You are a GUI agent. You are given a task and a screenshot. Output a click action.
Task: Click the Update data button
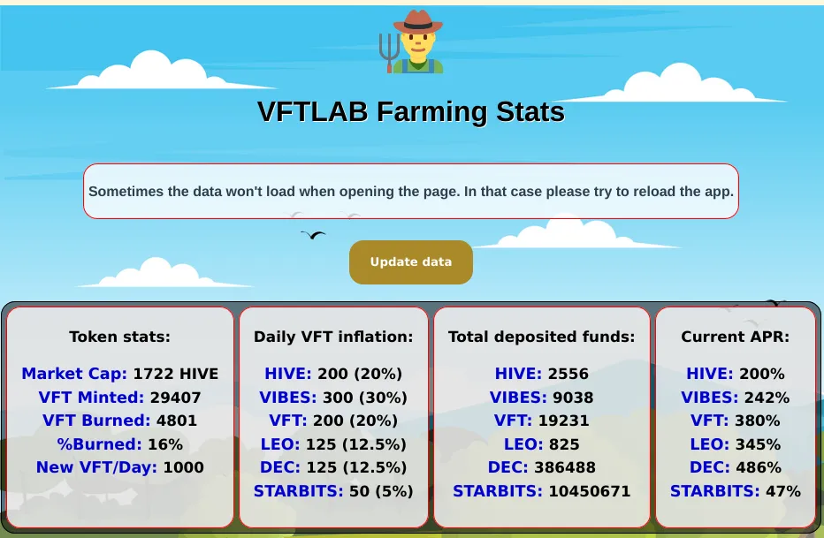(x=411, y=261)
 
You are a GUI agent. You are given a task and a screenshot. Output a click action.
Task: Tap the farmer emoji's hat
(x=418, y=22)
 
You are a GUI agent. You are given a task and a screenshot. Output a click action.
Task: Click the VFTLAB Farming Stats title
(x=411, y=111)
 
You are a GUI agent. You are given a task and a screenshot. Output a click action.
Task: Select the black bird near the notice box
(x=313, y=235)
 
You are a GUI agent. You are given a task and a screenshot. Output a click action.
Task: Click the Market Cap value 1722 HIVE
(x=176, y=374)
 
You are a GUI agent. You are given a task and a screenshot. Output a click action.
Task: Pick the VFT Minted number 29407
(x=176, y=398)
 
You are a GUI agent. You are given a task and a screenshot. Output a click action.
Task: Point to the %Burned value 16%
(x=165, y=444)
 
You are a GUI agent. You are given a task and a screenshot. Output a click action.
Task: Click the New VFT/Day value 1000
(x=183, y=467)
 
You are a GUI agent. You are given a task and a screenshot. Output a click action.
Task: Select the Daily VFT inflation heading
(x=333, y=337)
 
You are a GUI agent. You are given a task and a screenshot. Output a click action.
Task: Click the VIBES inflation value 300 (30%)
(x=365, y=398)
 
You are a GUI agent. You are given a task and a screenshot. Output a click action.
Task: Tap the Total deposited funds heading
(x=541, y=337)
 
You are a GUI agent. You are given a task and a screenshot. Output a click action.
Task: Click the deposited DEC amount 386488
(x=565, y=467)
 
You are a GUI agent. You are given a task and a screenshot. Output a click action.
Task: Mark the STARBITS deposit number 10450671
(x=589, y=491)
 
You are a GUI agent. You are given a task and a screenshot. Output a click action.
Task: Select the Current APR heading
(x=736, y=337)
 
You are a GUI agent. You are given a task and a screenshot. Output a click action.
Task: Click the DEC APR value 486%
(x=759, y=467)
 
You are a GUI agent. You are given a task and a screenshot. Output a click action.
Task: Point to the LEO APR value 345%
(x=758, y=444)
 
